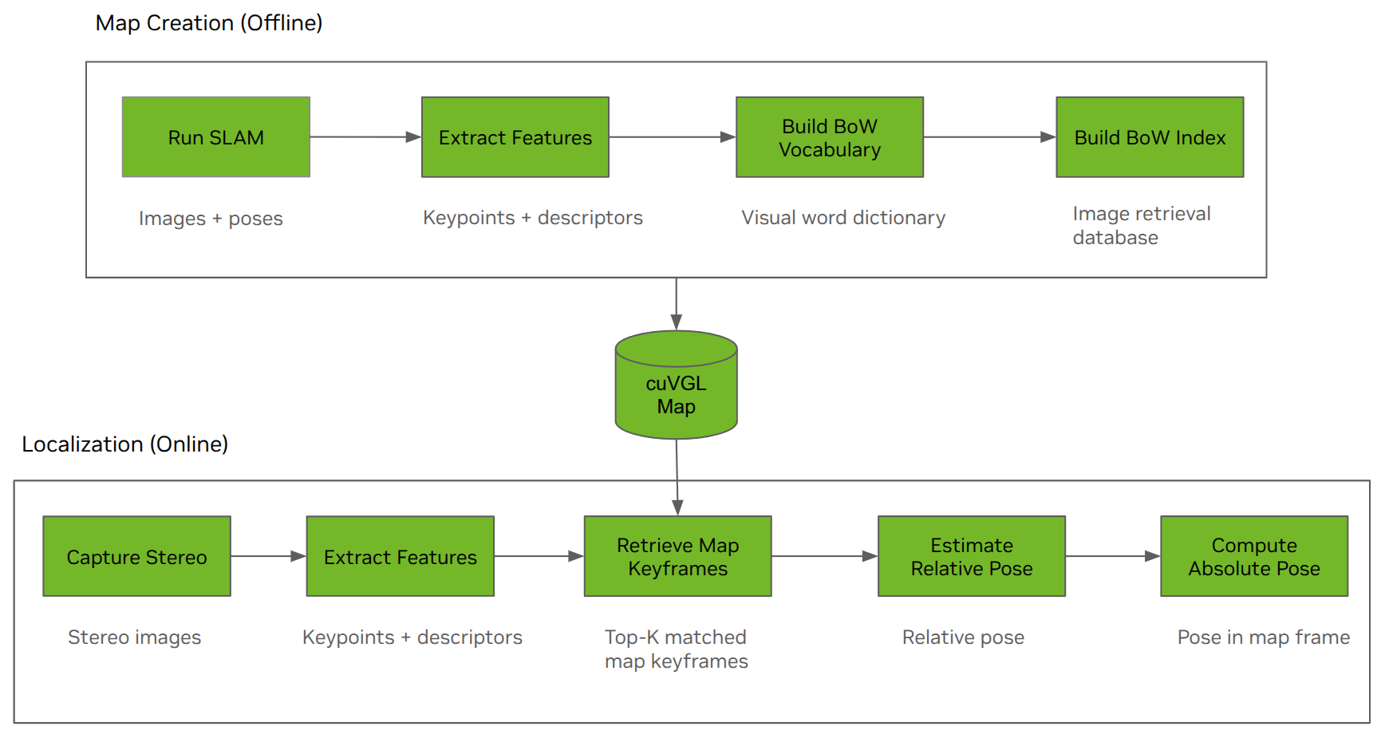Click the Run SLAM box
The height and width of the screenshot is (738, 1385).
click(215, 137)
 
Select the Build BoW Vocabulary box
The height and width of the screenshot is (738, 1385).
click(829, 137)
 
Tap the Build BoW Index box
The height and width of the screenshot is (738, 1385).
click(1149, 137)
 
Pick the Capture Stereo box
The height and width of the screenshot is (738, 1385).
click(136, 556)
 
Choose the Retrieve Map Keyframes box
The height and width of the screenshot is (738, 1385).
click(677, 556)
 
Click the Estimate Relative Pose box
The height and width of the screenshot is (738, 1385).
click(971, 556)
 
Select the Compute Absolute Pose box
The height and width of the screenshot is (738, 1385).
click(1253, 556)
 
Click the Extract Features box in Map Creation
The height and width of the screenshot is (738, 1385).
click(515, 137)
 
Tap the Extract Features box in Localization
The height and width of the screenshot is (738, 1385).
click(400, 556)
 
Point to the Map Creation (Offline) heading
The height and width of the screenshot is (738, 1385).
click(209, 23)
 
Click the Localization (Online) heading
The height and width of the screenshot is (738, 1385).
click(125, 444)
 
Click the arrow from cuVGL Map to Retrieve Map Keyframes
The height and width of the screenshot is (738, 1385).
click(677, 476)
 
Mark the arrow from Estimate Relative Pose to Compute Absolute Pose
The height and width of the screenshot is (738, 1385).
click(1112, 556)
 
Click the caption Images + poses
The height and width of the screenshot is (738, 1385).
click(211, 219)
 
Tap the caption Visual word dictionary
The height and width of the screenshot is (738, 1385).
click(843, 218)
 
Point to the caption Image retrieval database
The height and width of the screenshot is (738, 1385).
click(1141, 226)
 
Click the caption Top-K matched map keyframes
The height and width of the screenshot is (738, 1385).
click(676, 649)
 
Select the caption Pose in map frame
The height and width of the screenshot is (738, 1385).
click(1263, 637)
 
